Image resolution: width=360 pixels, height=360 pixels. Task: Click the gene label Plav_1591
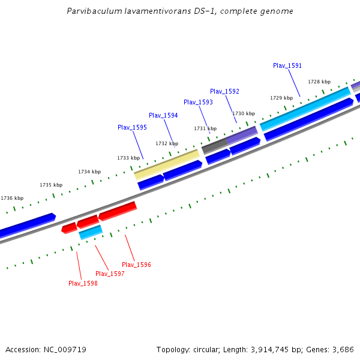point(287,65)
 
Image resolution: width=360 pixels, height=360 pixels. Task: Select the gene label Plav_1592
point(224,91)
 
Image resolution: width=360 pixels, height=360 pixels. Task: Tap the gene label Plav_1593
point(198,102)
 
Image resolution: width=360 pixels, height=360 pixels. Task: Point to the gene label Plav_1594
point(163,115)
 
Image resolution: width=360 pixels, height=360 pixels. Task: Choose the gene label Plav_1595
point(132,127)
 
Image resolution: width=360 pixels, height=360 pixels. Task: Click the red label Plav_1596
point(136,265)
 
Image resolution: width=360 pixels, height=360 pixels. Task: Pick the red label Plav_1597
point(110,274)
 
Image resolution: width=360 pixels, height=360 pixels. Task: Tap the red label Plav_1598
point(83,283)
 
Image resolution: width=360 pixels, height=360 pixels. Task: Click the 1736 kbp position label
point(12,198)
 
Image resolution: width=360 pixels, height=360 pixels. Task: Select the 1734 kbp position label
point(89,172)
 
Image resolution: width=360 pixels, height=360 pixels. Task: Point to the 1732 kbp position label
point(166,143)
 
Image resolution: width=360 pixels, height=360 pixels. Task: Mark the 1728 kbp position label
point(319,82)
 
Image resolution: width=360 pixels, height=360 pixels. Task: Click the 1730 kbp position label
point(244,113)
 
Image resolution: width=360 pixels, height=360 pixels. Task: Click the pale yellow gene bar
point(167,164)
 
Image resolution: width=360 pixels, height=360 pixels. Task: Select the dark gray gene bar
point(214,145)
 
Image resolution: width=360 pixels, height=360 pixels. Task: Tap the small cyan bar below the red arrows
point(91,232)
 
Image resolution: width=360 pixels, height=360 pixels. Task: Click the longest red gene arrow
point(118,211)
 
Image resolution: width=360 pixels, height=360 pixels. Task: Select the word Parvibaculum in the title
point(95,11)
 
